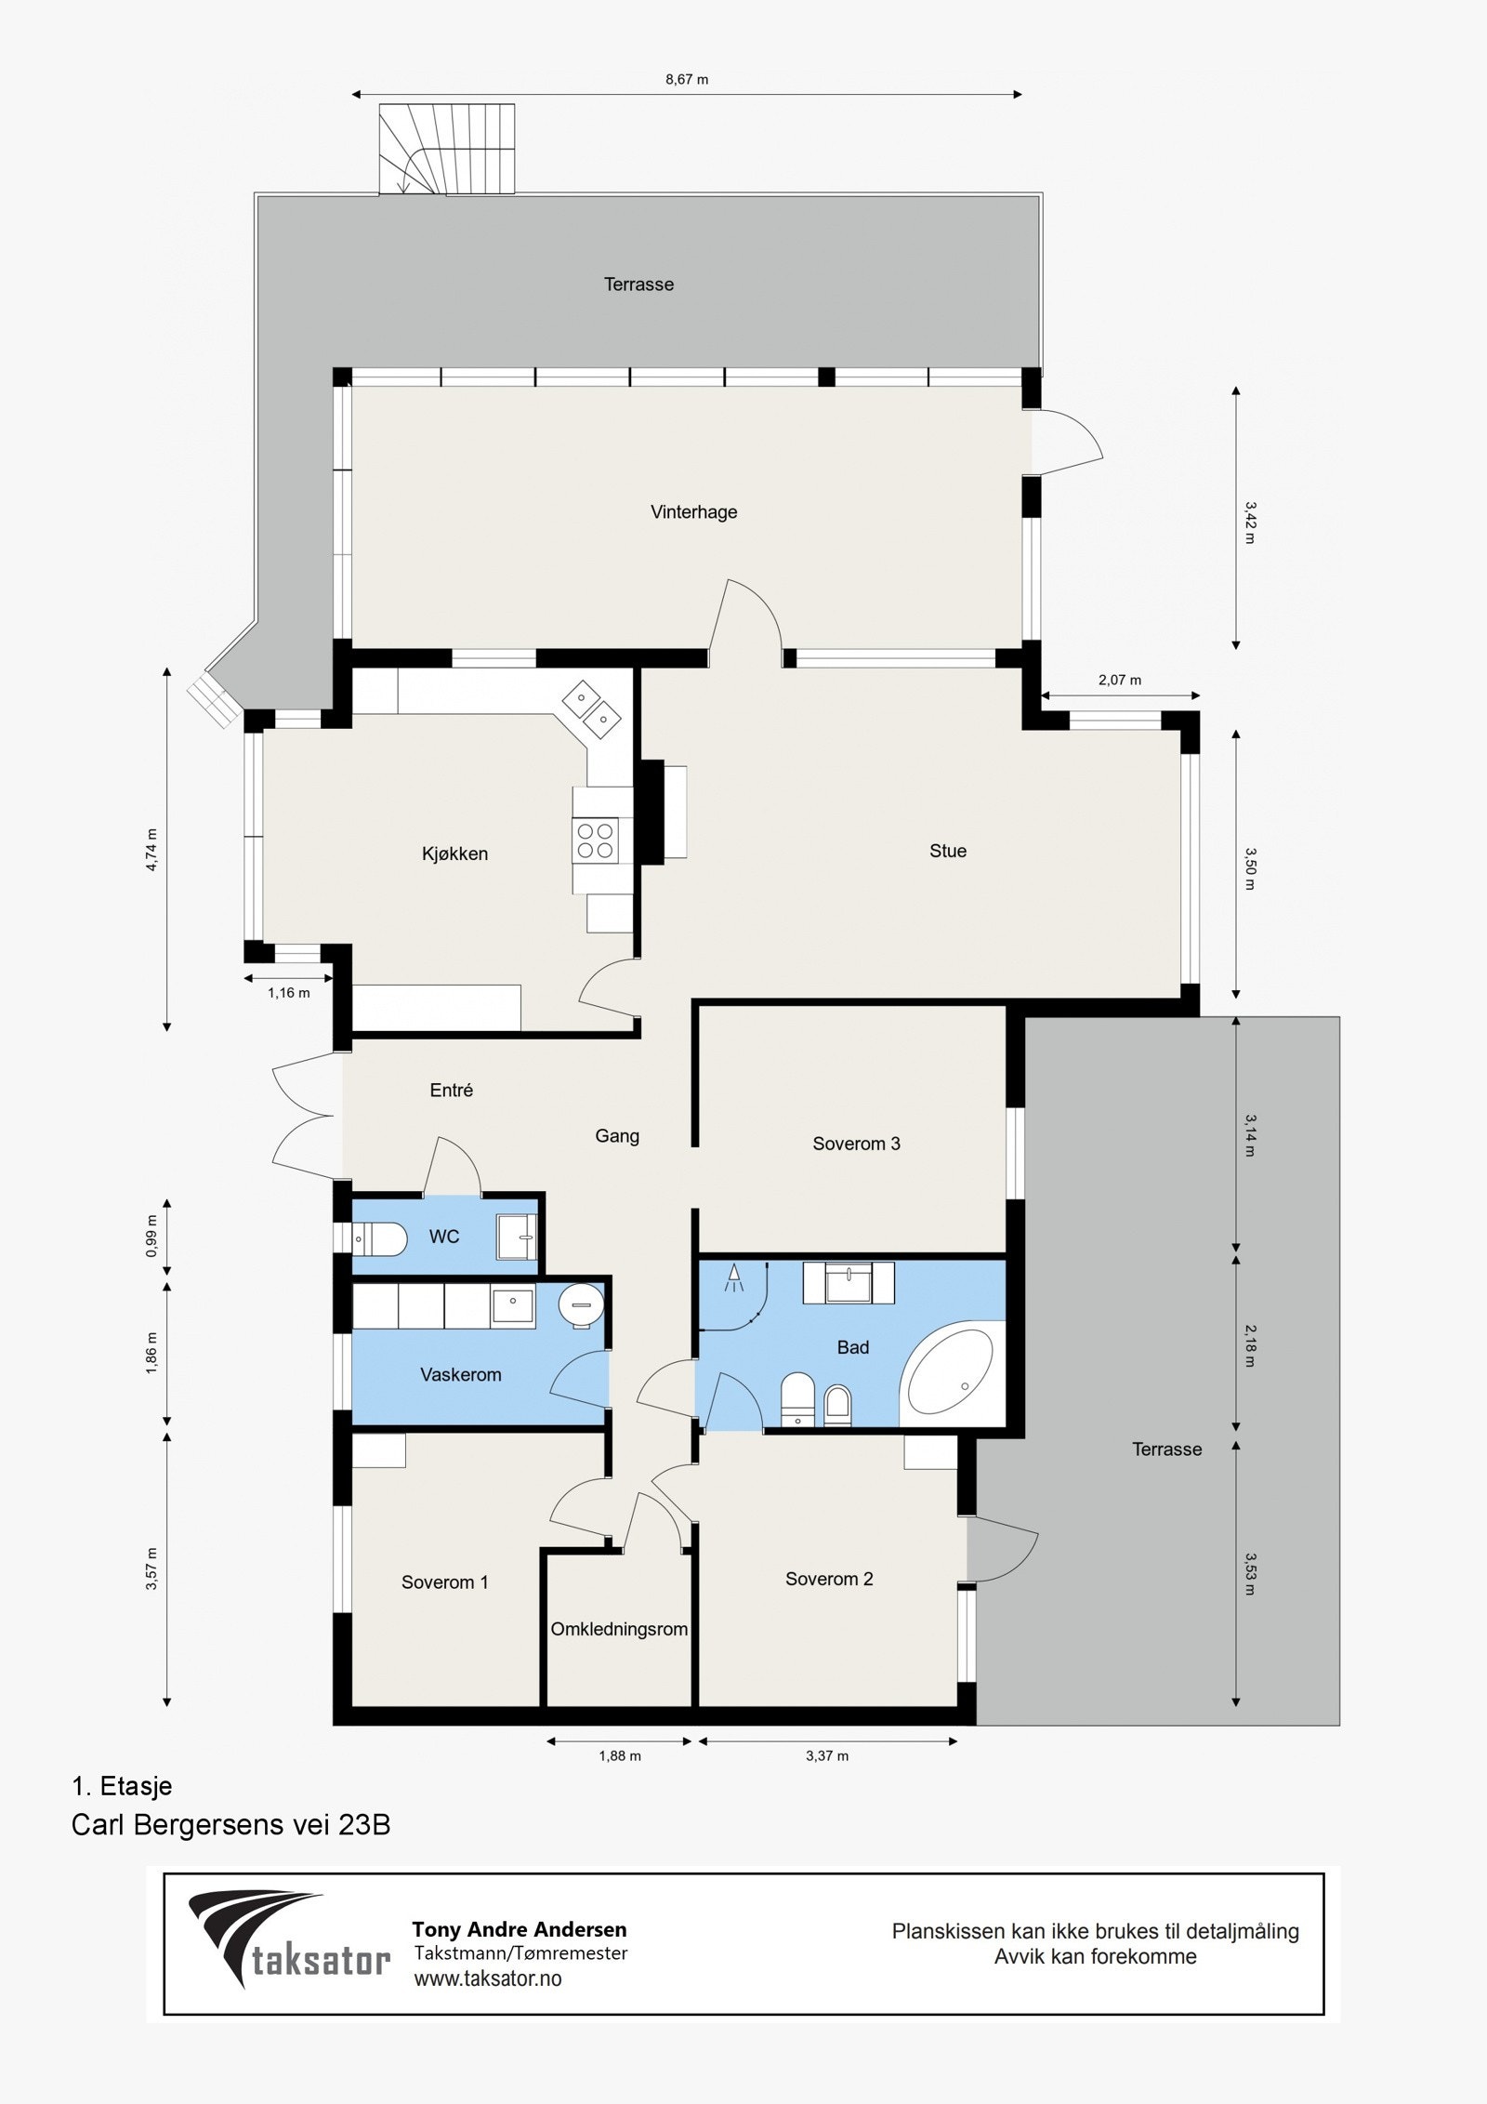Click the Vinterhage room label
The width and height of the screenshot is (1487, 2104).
(x=693, y=512)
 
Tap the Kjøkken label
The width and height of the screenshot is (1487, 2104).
(x=454, y=854)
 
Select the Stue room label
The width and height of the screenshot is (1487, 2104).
(x=948, y=851)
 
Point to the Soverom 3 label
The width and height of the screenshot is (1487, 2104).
(x=856, y=1144)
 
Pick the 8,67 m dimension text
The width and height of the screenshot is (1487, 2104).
(x=687, y=80)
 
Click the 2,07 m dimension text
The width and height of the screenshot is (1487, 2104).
(x=1120, y=680)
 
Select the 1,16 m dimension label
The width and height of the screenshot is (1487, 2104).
(x=289, y=993)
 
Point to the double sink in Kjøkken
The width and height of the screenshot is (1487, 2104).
(x=592, y=706)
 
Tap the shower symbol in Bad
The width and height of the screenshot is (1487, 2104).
(x=735, y=1277)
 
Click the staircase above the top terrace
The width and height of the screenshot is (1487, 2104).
(x=446, y=149)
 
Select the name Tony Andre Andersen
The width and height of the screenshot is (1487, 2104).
(x=520, y=1929)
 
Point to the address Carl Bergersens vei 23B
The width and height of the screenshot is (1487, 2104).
(x=230, y=1825)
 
